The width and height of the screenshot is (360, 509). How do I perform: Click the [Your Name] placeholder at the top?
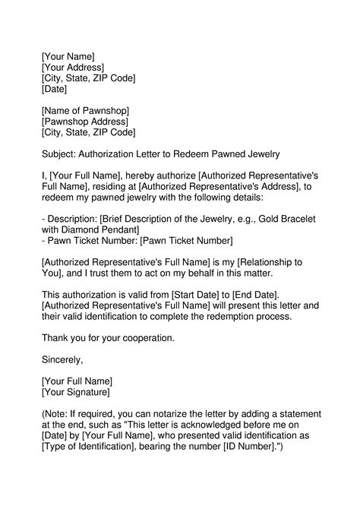68,55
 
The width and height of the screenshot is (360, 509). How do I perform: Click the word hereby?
141,176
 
